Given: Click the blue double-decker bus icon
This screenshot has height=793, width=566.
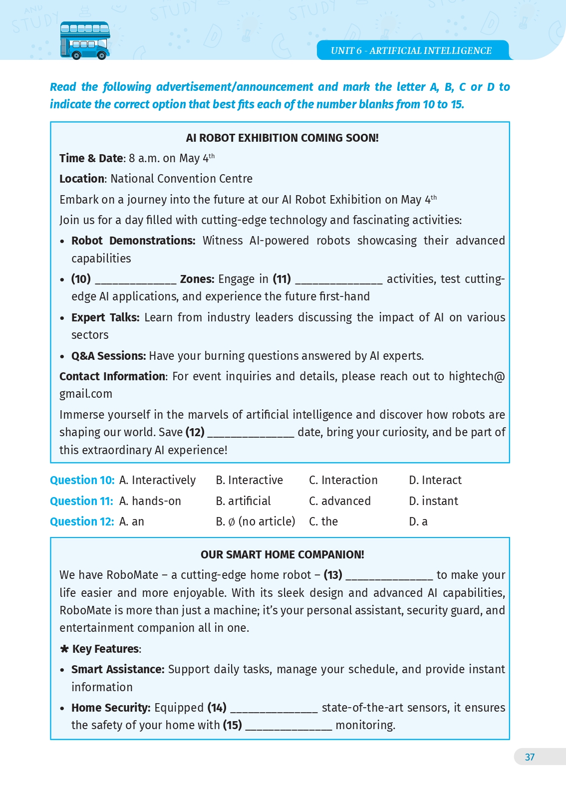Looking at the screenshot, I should pyautogui.click(x=85, y=40).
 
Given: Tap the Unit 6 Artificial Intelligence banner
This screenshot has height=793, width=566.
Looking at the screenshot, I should pyautogui.click(x=411, y=50).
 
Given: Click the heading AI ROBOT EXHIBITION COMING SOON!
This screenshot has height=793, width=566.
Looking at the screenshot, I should pyautogui.click(x=282, y=138).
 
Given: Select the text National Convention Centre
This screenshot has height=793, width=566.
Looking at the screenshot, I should pyautogui.click(x=181, y=179).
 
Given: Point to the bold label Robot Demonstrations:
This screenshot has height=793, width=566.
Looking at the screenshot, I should pyautogui.click(x=133, y=241).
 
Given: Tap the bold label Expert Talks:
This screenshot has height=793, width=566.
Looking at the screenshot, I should pyautogui.click(x=105, y=317).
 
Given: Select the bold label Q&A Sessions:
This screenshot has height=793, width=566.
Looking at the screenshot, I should pyautogui.click(x=108, y=356).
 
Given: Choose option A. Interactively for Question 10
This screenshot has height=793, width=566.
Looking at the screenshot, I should pyautogui.click(x=158, y=480).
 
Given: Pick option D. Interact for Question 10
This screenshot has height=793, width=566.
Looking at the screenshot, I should pyautogui.click(x=435, y=480).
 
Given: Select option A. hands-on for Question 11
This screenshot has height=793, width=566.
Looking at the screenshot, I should pyautogui.click(x=150, y=501).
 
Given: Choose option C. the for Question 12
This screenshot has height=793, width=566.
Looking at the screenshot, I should pyautogui.click(x=323, y=522).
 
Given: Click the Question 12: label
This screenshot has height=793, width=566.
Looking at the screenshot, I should pyautogui.click(x=82, y=522).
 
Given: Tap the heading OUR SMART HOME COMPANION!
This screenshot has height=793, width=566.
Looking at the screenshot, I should pyautogui.click(x=282, y=554).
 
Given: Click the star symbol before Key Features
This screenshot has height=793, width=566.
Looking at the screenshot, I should pyautogui.click(x=64, y=649).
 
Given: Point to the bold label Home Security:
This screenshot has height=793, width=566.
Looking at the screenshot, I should pyautogui.click(x=111, y=708).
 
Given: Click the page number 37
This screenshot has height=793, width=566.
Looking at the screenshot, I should pyautogui.click(x=530, y=757).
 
